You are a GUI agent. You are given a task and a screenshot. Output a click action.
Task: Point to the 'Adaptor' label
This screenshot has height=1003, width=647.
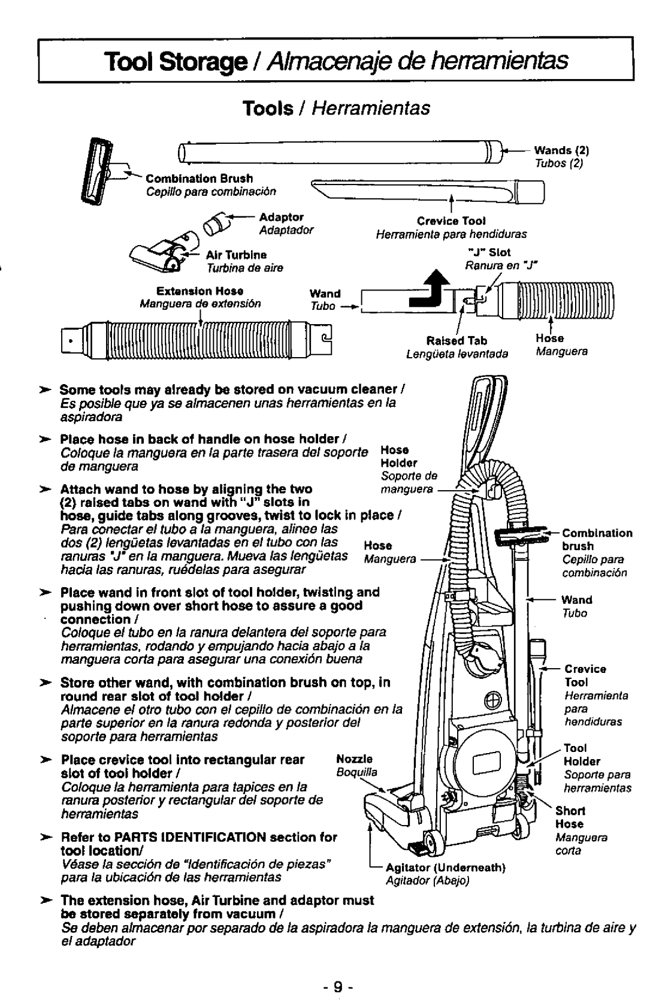tap(282, 216)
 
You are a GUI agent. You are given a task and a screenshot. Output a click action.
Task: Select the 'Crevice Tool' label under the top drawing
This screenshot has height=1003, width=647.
tap(459, 221)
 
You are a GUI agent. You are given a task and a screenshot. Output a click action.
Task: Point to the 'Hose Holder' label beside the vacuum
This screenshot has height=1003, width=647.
tap(394, 456)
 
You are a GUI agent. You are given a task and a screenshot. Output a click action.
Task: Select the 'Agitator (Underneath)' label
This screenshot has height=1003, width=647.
tap(446, 867)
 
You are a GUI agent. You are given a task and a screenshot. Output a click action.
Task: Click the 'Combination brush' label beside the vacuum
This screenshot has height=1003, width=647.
tap(597, 539)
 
